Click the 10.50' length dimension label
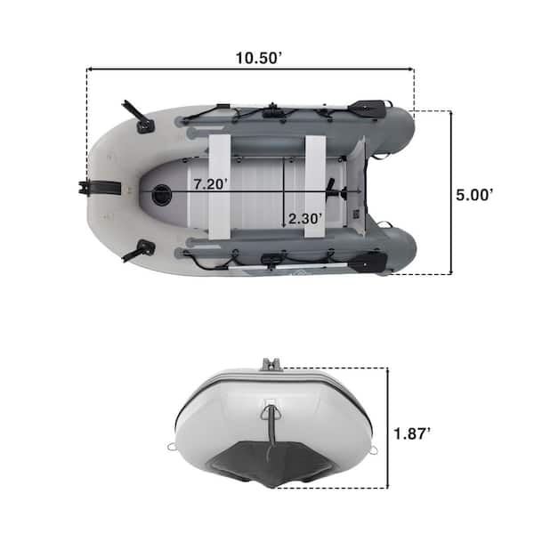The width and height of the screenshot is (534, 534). [x=258, y=58]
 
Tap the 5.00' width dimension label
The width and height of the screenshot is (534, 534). [x=474, y=195]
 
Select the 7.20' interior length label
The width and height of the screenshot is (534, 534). [x=210, y=184]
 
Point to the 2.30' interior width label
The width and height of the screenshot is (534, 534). [x=304, y=219]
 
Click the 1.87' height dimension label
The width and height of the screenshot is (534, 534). [x=412, y=434]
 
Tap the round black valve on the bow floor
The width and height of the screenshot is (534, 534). [x=162, y=194]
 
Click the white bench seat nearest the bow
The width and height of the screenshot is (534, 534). [x=219, y=187]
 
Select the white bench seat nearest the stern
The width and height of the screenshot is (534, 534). [x=315, y=186]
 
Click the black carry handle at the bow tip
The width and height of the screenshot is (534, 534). [x=100, y=189]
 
